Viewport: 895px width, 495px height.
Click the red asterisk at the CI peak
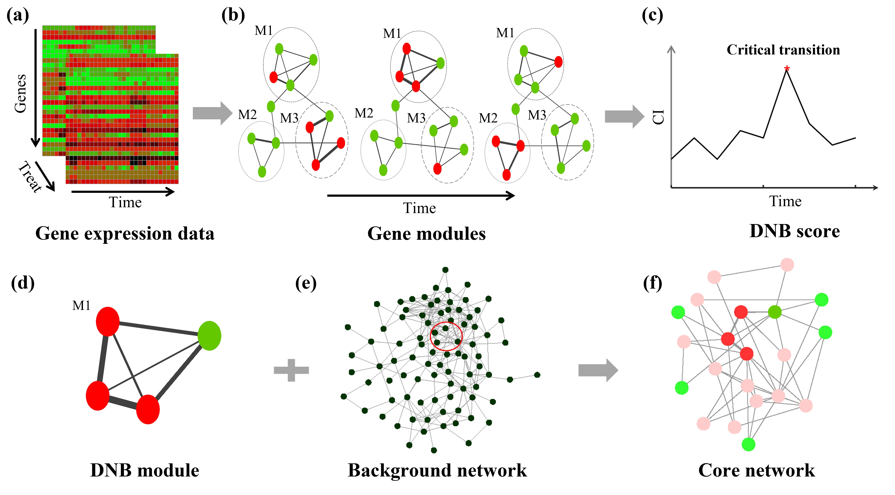tap(787, 68)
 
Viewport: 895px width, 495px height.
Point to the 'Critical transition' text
tap(783, 50)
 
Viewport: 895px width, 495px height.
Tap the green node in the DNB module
tap(209, 336)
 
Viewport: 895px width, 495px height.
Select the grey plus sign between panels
tap(291, 370)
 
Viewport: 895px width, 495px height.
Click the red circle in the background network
tap(446, 336)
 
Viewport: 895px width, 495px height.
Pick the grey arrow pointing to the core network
tap(598, 370)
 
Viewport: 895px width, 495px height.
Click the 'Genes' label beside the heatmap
tap(20, 94)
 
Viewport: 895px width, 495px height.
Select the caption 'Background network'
tap(437, 471)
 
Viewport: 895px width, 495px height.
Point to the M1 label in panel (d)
tap(81, 305)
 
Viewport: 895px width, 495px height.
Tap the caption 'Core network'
tap(756, 471)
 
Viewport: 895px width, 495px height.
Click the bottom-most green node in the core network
tap(748, 444)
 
